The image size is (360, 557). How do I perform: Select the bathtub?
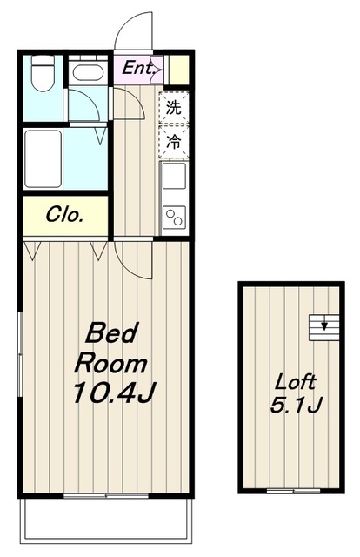tap(43, 158)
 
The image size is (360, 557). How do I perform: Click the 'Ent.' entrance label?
tap(138, 68)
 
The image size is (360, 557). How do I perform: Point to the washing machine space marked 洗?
tap(174, 109)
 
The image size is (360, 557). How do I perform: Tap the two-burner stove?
tap(174, 216)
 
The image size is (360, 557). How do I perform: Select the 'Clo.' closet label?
tap(65, 215)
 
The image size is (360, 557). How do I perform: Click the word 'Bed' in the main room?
tap(107, 333)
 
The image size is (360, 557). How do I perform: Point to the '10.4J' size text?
tap(113, 393)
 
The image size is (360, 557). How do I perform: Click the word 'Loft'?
tap(296, 381)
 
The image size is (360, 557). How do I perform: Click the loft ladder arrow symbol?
tap(324, 326)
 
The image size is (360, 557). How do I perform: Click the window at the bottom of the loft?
tap(292, 491)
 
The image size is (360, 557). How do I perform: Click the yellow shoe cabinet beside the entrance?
tap(179, 69)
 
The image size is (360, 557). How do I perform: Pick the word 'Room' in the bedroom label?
tap(110, 362)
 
